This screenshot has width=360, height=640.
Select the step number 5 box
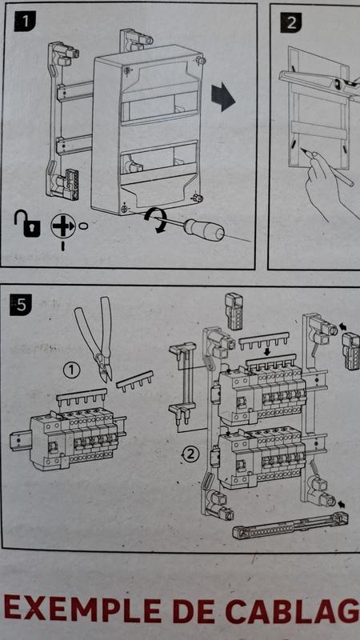tap(22, 304)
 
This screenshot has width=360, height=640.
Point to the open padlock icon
tap(26, 226)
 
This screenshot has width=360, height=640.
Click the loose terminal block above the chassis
tap(235, 309)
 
